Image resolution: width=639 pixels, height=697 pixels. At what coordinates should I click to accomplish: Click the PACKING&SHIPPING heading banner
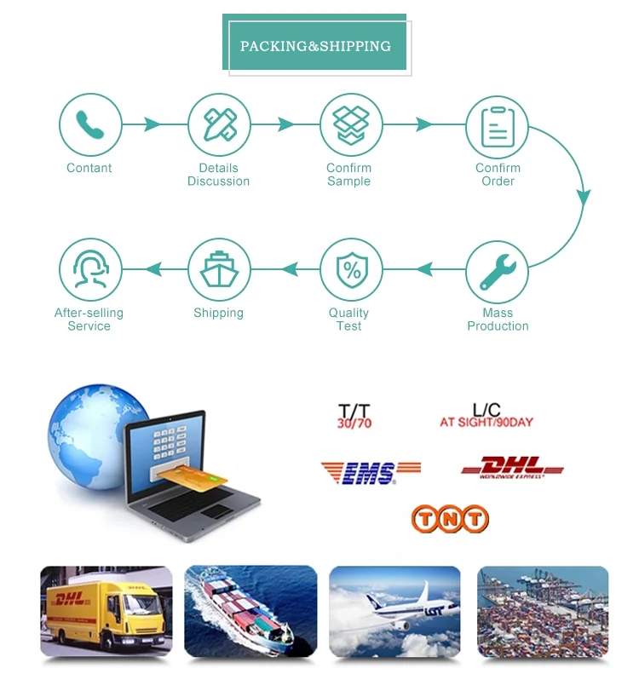315,46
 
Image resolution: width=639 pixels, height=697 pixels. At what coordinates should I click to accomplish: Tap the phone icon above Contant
89,125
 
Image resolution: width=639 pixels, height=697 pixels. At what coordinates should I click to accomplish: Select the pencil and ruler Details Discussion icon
219,125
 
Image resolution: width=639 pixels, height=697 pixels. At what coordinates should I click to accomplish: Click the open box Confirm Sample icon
350,125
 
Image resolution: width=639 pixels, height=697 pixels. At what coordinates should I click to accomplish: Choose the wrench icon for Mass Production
497,270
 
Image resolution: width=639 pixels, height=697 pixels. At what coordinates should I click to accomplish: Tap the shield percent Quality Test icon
350,270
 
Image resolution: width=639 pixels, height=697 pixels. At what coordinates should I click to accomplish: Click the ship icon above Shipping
219,270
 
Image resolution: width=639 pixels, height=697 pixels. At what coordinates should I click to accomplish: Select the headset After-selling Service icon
89,270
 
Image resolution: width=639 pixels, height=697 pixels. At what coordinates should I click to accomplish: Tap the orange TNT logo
450,518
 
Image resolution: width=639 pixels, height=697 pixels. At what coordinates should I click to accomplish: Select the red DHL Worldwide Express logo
512,468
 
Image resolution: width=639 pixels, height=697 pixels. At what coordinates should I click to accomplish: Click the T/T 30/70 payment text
354,417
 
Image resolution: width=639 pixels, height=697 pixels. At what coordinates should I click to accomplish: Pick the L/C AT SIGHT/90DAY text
486,416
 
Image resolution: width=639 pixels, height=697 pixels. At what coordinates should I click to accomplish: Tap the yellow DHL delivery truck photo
106,611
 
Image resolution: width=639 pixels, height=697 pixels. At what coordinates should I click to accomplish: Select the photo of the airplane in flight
394,611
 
